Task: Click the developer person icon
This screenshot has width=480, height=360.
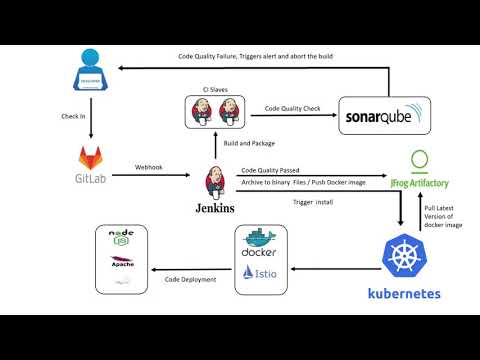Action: (x=92, y=67)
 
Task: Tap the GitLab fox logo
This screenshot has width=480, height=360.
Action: (x=93, y=158)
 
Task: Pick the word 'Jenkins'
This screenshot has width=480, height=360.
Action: (x=216, y=208)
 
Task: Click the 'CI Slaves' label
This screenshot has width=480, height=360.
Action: (x=214, y=89)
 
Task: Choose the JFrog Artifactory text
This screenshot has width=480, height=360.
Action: (x=421, y=185)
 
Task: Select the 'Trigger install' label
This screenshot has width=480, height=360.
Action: (x=313, y=202)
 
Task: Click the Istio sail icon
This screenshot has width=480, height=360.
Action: (x=247, y=273)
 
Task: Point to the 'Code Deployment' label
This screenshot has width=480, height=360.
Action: (x=189, y=279)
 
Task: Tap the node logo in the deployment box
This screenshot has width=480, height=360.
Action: (x=120, y=238)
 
